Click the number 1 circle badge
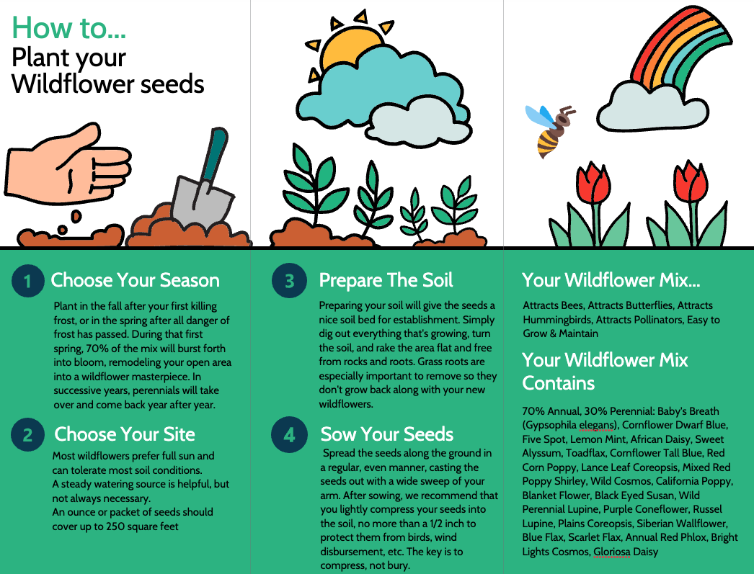27,282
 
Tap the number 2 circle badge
27,435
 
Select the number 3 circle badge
289,282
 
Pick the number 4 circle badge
289,435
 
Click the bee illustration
551,130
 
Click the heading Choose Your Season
135,280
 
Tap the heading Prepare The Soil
386,280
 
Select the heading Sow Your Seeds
387,434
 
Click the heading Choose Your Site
125,434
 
